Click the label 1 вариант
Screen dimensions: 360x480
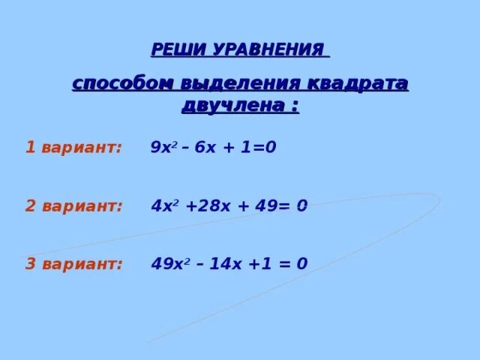coord(73,147)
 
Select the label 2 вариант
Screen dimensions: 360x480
coord(73,206)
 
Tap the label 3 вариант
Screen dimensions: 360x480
coord(73,264)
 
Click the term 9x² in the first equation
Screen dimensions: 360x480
coord(161,147)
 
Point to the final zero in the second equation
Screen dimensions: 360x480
coord(301,206)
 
